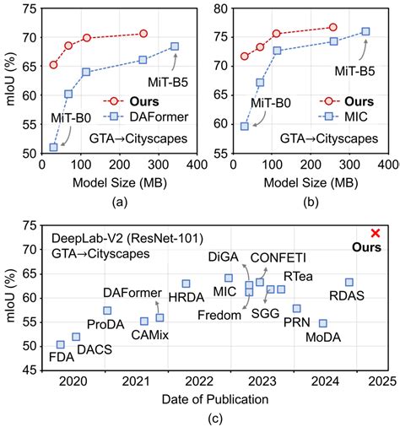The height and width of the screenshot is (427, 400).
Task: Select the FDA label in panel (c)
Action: tap(60, 357)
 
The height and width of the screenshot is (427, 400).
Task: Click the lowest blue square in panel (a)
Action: tap(53, 147)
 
